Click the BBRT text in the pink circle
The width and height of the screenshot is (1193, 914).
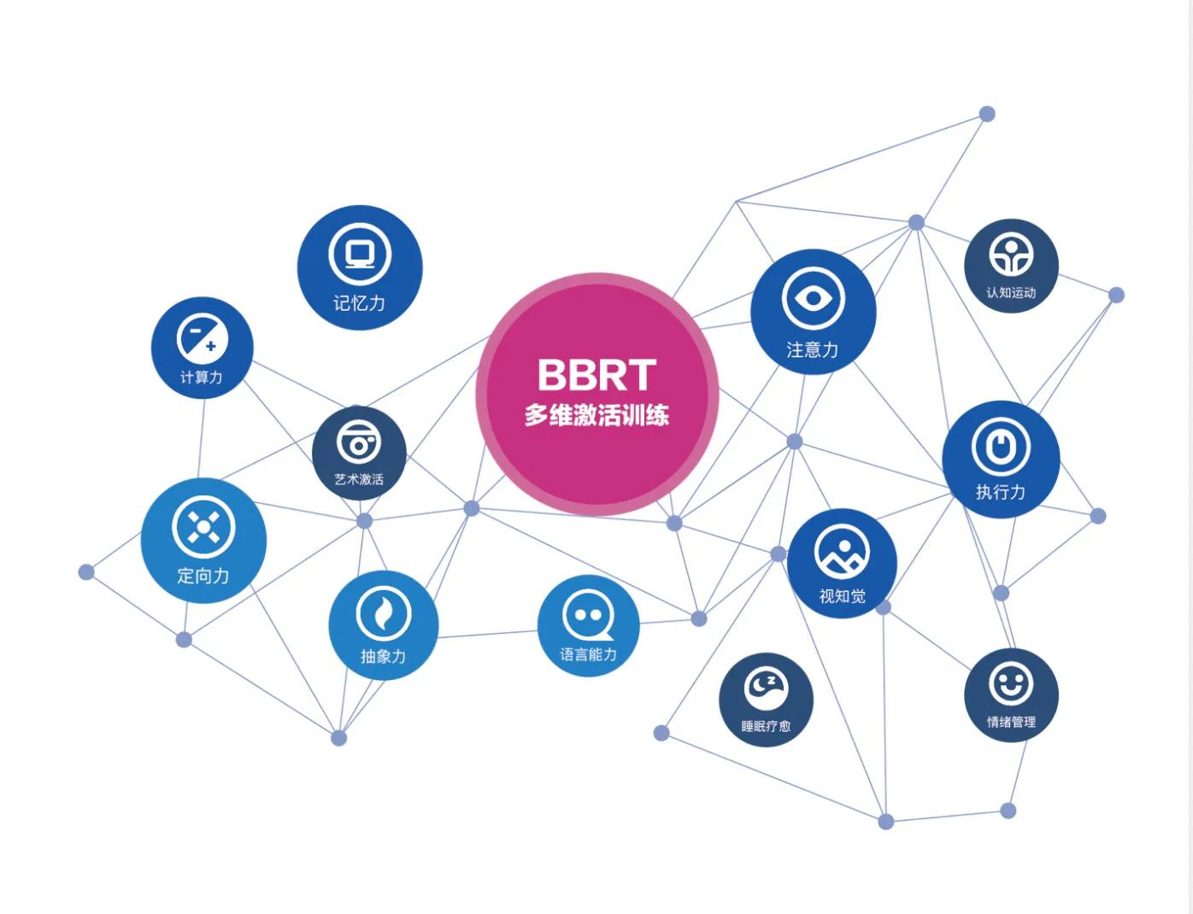click(x=596, y=374)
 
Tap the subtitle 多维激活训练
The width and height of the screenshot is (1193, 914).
click(x=596, y=416)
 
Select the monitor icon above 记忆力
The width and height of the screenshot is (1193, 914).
click(x=360, y=254)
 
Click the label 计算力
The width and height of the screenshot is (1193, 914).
click(x=202, y=377)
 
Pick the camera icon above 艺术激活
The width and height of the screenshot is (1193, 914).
click(x=359, y=442)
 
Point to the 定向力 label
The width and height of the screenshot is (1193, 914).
click(x=203, y=576)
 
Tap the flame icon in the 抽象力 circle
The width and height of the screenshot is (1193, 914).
click(x=383, y=613)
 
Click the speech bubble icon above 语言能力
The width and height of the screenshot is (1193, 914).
click(x=588, y=615)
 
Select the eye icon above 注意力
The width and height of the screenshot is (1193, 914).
click(x=813, y=299)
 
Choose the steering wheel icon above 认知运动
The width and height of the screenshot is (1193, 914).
click(x=1011, y=255)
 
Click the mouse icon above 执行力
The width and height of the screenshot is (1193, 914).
click(x=1001, y=447)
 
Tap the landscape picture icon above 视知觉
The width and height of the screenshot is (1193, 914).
click(x=842, y=552)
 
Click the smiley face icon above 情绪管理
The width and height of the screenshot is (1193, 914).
click(x=1011, y=683)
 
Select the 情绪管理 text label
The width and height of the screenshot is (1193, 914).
click(x=1011, y=722)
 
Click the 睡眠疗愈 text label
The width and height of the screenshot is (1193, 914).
click(x=766, y=726)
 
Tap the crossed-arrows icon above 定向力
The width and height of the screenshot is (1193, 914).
click(x=203, y=527)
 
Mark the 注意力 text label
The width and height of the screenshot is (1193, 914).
click(x=813, y=349)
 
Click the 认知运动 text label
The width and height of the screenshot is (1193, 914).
click(x=1011, y=292)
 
